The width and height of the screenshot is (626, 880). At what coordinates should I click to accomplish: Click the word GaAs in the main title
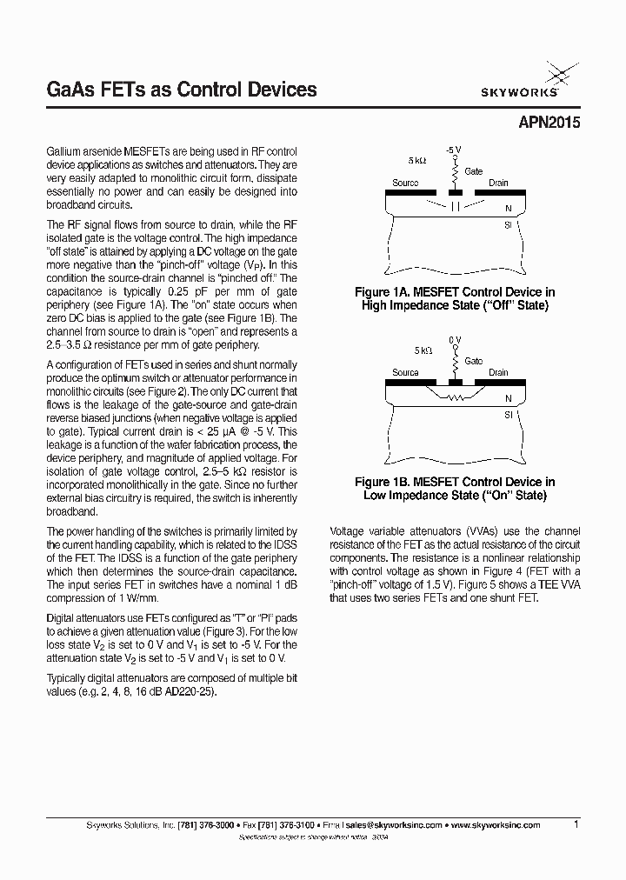(x=70, y=90)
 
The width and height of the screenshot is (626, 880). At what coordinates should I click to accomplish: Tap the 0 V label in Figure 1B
(x=454, y=340)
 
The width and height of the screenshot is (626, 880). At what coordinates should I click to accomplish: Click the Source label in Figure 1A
(x=405, y=183)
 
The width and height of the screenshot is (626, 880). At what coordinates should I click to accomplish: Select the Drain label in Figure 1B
(x=498, y=372)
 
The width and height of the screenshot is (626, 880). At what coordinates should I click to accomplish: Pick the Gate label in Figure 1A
(x=473, y=171)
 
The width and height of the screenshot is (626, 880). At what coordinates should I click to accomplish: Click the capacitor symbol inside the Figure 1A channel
(x=454, y=207)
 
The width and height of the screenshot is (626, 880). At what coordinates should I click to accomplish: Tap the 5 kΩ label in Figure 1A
(x=416, y=162)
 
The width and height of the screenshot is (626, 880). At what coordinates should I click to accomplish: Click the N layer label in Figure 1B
(x=509, y=398)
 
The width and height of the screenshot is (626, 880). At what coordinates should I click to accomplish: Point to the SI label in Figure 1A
(x=508, y=223)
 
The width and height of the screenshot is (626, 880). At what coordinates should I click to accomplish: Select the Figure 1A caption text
(x=455, y=299)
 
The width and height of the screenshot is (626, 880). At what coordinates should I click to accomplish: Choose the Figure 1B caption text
(x=455, y=489)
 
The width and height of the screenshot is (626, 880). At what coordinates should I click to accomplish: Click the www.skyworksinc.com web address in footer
(x=496, y=825)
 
